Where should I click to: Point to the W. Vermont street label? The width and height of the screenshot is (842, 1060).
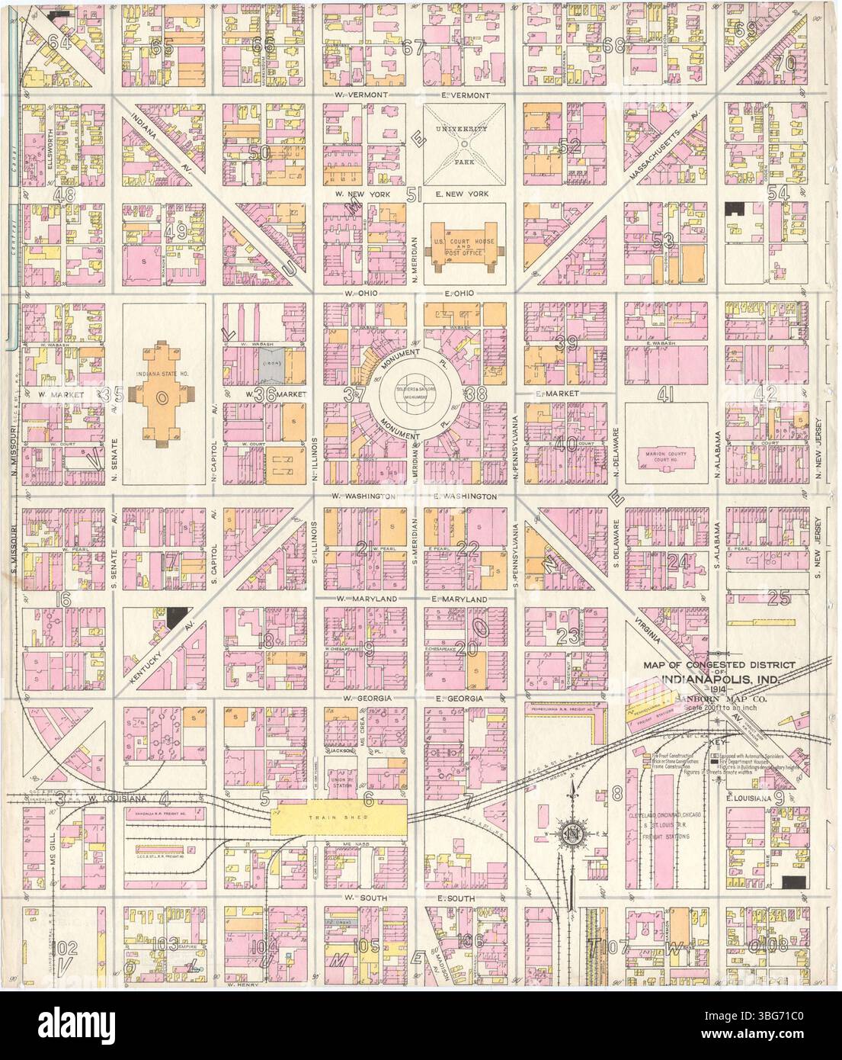(363, 95)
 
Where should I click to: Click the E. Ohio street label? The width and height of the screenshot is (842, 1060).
(459, 294)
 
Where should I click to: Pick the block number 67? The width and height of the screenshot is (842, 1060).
(412, 47)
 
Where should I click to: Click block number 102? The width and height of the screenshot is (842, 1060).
(67, 948)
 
